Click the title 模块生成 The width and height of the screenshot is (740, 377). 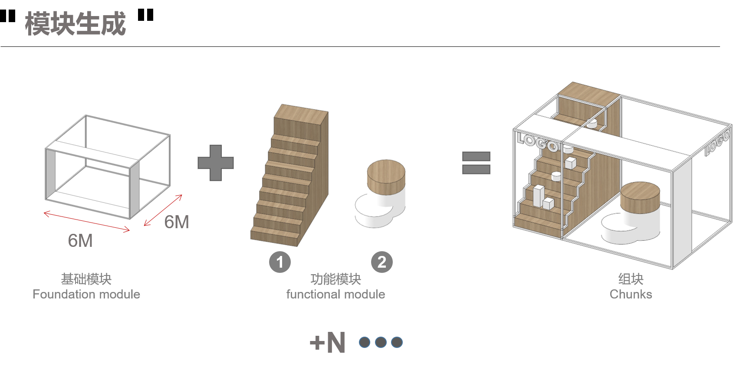76,23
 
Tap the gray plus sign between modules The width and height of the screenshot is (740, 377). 216,163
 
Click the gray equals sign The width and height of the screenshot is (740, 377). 476,163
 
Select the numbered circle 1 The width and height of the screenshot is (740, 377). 280,262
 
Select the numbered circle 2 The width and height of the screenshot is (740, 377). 382,262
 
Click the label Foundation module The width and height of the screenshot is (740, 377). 86,294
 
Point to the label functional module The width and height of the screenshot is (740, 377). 335,294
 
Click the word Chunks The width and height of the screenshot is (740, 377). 631,294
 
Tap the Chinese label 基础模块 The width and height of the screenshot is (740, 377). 86,279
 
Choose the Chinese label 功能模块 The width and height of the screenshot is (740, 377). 335,279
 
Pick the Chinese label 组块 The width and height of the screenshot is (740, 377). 631,279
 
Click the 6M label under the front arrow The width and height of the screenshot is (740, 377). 80,241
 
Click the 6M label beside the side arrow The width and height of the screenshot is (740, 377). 177,222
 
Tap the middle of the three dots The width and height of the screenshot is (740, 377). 381,342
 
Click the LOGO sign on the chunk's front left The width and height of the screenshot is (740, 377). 537,142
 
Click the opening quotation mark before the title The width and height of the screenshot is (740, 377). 8,16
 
